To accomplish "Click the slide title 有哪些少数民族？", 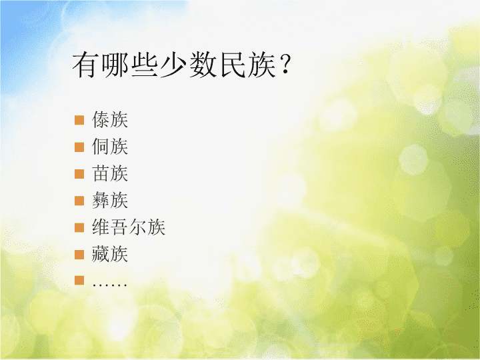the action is (x=181, y=65).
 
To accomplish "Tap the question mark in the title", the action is (x=285, y=65).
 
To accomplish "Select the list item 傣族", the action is (x=110, y=119).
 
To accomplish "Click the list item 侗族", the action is (x=110, y=146).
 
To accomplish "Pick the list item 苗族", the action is (x=110, y=173).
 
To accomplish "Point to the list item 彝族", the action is (x=110, y=200).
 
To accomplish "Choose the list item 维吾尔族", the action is (x=129, y=227).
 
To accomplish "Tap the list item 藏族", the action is (x=110, y=254).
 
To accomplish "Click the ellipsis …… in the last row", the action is (x=109, y=285).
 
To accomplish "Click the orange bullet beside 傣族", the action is (x=79, y=120).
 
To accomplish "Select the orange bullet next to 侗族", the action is (x=79, y=147).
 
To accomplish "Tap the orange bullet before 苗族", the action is (x=79, y=173).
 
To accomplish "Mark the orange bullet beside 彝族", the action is (x=79, y=201).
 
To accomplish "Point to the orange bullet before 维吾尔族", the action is (x=79, y=227).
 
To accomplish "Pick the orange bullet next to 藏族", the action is (x=79, y=255).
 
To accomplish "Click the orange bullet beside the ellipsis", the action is (x=79, y=281).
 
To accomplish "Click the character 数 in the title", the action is (x=203, y=65).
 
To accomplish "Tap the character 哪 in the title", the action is (x=115, y=65).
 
